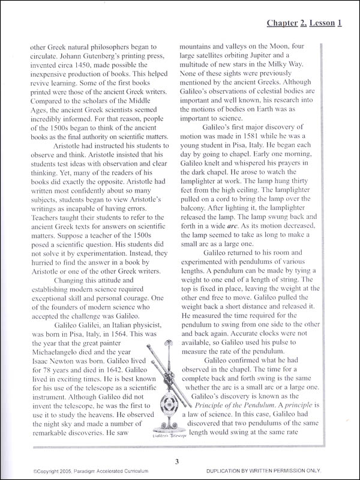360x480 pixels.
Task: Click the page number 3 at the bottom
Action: click(178, 461)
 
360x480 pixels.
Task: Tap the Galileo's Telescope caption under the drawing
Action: click(166, 437)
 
